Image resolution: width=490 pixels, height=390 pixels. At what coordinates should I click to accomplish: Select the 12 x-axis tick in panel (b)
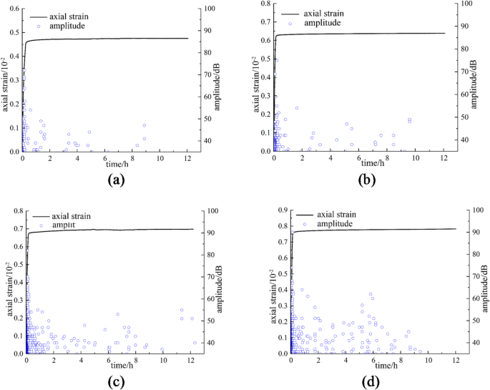pos(444,157)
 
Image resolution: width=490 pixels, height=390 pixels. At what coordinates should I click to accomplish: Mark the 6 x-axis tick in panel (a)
pos(105,157)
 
